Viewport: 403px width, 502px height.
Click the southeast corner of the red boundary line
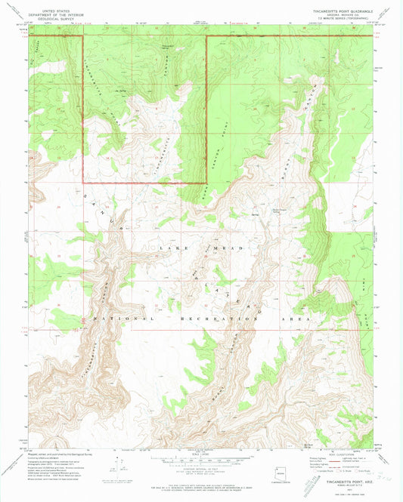[206, 183]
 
